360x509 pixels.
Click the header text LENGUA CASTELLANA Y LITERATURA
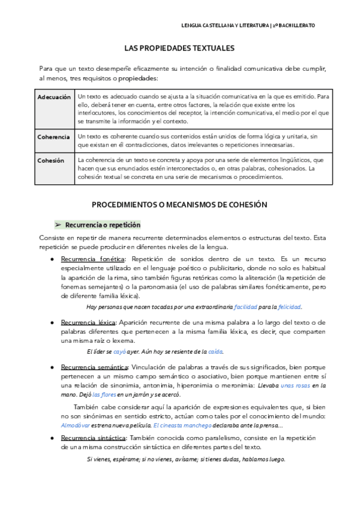(224, 25)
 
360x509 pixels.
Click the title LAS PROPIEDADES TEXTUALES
(179, 47)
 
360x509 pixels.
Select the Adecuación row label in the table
(54, 97)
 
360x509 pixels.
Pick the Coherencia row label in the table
(54, 137)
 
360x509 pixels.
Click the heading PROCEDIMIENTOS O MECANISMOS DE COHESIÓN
(179, 205)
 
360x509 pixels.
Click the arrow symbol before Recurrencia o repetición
(59, 225)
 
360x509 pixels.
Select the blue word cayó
(120, 352)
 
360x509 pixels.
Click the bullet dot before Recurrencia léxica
(53, 323)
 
